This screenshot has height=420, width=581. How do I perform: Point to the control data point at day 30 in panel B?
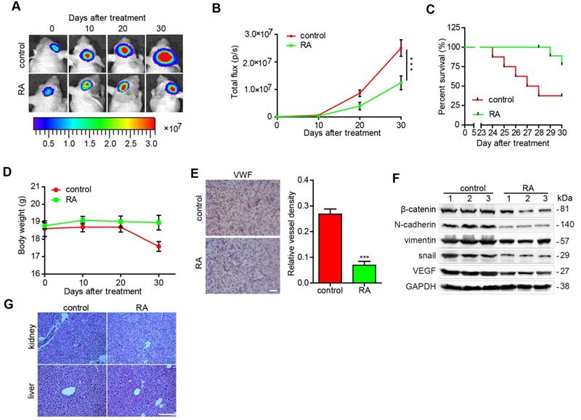tap(400, 49)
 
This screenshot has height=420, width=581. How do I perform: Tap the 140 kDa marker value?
tap(564, 225)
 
